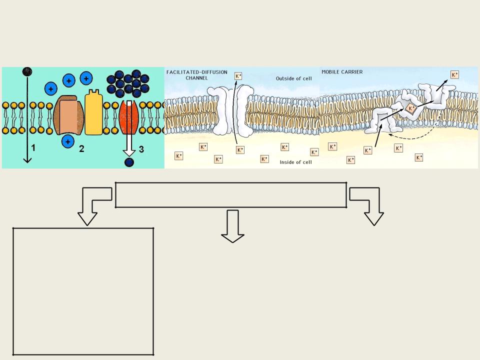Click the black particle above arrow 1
27,71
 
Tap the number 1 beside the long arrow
33,148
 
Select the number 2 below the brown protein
81,149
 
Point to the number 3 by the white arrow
141,149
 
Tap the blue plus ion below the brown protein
68,141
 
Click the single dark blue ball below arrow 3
129,162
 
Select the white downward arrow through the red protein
129,128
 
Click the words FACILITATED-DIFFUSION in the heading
197,72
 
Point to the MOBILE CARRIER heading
342,72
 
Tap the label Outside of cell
294,78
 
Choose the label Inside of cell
295,162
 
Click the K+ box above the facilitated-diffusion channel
238,76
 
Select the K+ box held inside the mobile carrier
410,108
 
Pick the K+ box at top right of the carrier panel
454,74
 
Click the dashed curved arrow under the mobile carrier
416,136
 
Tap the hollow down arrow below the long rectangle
232,226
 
